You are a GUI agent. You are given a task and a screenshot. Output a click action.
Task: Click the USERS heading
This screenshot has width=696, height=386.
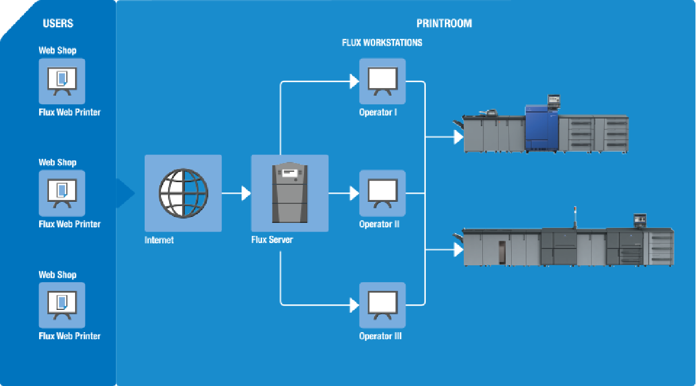tap(58, 23)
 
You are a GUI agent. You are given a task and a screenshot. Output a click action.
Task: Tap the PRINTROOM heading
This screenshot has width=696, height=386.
tap(444, 23)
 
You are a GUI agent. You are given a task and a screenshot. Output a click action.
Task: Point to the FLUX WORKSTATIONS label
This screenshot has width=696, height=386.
tap(382, 42)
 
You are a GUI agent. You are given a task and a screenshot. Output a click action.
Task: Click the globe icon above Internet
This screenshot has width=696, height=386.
tap(183, 193)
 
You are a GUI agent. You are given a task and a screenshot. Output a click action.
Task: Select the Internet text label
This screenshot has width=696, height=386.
tap(159, 240)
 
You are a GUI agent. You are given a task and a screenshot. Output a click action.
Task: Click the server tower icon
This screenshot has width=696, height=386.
tap(289, 193)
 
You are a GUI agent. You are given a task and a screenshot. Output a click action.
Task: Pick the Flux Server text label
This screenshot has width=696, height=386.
tap(272, 240)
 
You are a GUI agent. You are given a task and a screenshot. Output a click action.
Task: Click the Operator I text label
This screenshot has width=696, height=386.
tap(378, 113)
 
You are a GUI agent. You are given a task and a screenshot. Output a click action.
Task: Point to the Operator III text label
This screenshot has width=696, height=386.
tap(380, 337)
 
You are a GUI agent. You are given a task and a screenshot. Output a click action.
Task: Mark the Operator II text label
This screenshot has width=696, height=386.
tap(379, 225)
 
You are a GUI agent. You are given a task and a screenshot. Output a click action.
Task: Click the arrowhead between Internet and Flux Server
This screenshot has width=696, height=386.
tap(246, 193)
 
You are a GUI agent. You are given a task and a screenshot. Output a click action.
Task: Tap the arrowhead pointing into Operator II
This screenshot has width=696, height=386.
tap(355, 193)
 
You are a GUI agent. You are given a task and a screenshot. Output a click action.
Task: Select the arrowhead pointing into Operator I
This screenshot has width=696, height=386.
tap(355, 82)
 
